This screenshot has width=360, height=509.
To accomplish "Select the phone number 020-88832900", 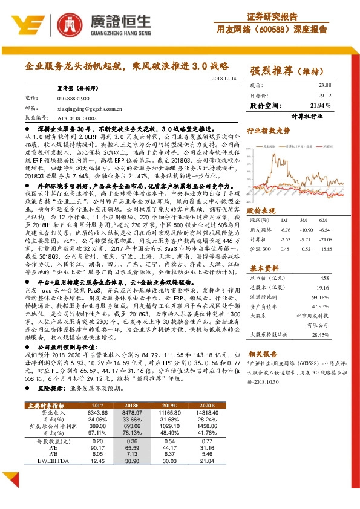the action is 73,97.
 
